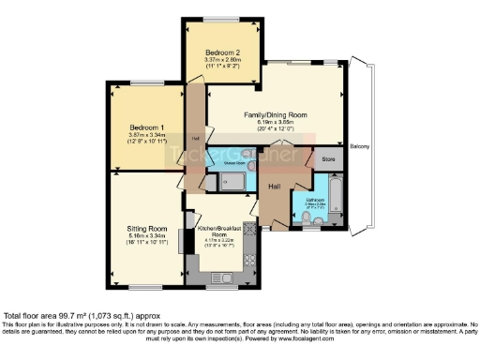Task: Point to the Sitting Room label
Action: coord(147,229)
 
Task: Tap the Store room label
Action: coord(328,159)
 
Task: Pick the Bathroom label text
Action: coord(315,199)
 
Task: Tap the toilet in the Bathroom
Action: coord(310,219)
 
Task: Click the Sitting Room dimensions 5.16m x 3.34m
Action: coord(147,236)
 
